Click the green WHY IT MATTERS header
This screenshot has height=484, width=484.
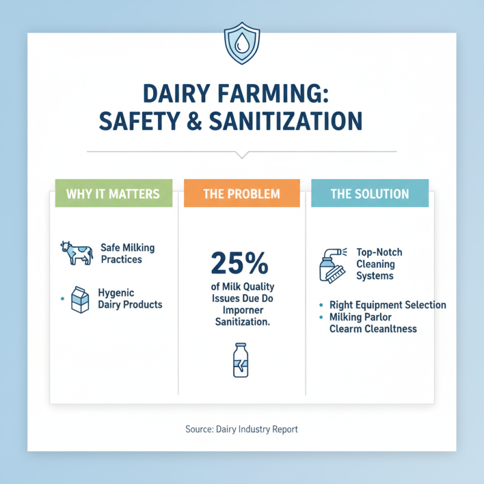pos(113,194)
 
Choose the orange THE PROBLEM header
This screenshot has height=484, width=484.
pos(242,194)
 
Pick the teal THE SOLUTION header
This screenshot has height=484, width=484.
pos(369,194)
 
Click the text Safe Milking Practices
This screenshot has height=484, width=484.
pos(127,253)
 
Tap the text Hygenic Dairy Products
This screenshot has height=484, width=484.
pos(129,298)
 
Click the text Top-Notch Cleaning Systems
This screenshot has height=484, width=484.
pos(376,264)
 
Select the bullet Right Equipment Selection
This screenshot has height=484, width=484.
pos(388,305)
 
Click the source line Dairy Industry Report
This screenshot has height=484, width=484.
pos(241,429)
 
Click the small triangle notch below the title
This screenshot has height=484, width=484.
pos(241,154)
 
